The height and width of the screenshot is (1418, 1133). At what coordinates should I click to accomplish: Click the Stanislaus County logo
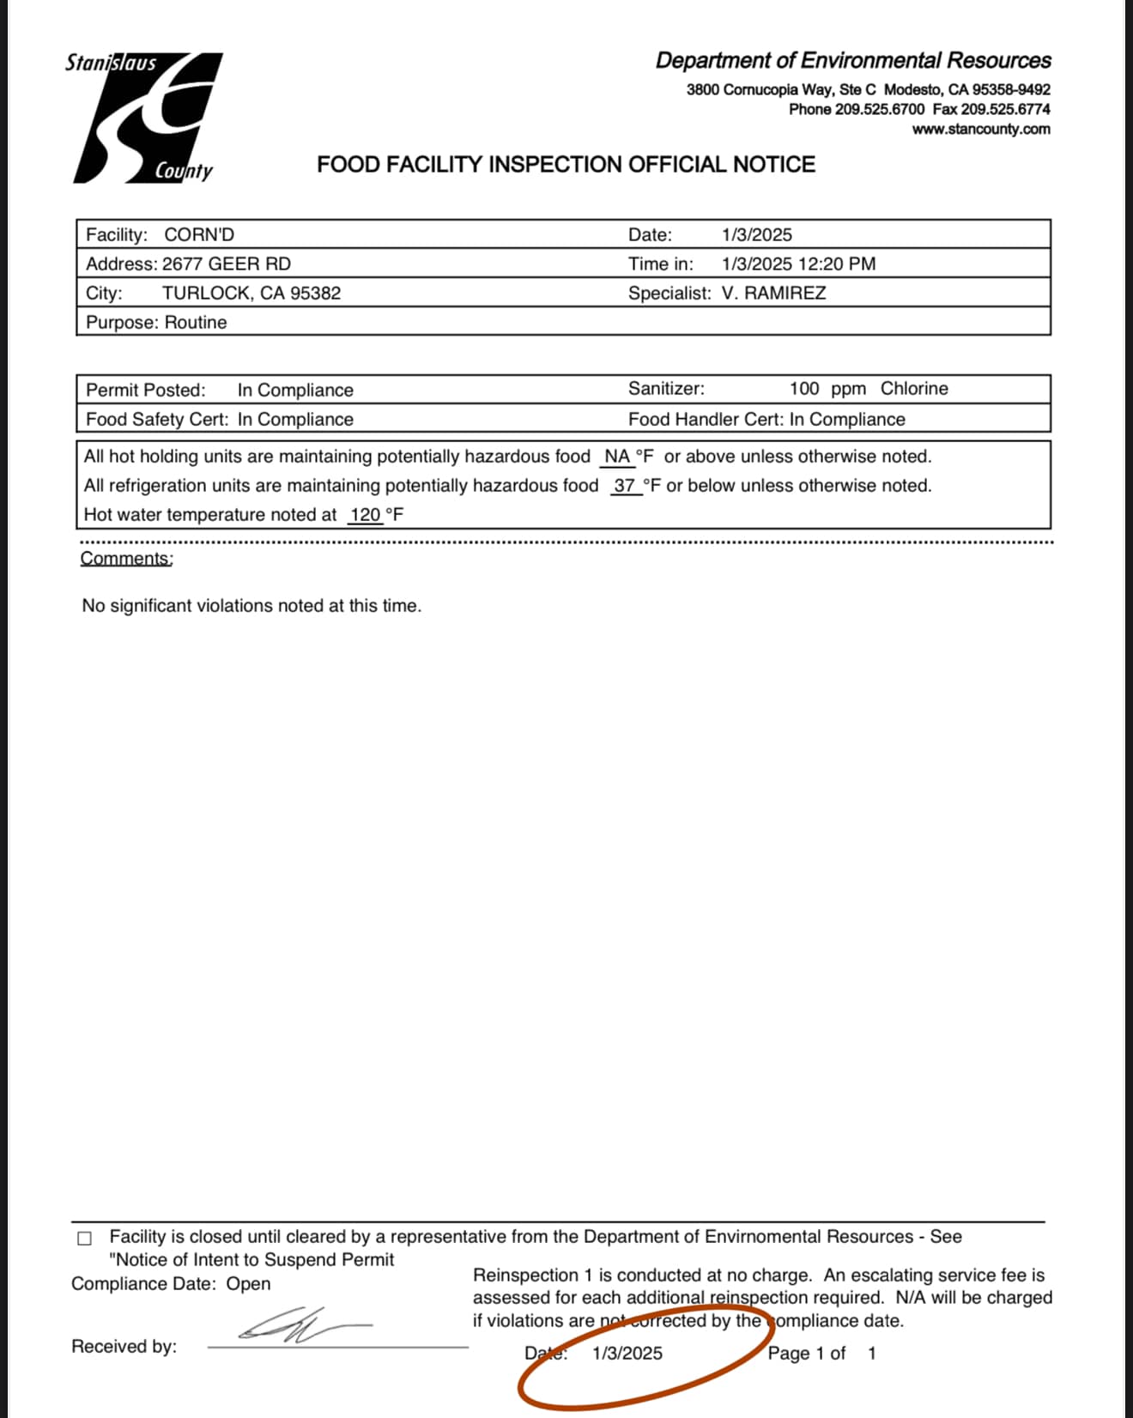tap(144, 118)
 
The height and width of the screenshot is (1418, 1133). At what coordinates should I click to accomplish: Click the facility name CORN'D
tap(199, 235)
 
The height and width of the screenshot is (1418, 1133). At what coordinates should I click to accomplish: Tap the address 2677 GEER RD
tap(227, 264)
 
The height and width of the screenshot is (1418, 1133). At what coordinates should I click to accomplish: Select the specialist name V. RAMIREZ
tap(773, 294)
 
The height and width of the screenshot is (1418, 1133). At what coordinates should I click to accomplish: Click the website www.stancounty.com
tap(981, 130)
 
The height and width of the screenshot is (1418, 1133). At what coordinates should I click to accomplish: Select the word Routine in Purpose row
tap(196, 323)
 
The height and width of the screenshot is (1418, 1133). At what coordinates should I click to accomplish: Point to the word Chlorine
tap(914, 389)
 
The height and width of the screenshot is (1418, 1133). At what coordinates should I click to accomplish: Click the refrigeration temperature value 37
tap(624, 486)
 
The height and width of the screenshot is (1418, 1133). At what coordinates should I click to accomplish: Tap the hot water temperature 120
tap(366, 515)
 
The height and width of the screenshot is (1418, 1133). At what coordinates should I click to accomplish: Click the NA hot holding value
tap(617, 457)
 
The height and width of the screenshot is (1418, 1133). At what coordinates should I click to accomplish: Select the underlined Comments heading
tap(126, 559)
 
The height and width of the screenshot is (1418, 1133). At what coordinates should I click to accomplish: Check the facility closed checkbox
tap(84, 1239)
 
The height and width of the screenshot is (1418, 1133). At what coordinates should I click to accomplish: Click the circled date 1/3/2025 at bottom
tap(627, 1354)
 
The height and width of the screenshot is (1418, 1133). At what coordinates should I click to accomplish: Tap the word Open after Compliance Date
tap(248, 1284)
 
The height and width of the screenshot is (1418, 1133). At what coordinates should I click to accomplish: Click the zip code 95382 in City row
tap(315, 294)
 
